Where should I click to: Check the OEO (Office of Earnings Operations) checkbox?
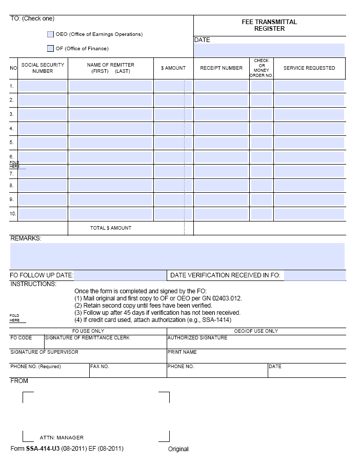pos(50,34)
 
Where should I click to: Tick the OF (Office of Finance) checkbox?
pos(50,49)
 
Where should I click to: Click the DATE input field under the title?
pos(269,50)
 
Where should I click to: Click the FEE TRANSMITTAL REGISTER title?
pos(269,25)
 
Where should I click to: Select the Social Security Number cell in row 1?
pos(43,86)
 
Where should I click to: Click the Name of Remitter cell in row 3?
pos(111,114)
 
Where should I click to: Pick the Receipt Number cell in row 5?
pos(221,143)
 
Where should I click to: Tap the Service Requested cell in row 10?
pos(309,214)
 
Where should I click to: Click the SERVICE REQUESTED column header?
pos(309,68)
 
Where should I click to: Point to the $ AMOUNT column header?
pos(173,68)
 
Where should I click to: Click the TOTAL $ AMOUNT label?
pos(111,228)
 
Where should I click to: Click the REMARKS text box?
pos(177,255)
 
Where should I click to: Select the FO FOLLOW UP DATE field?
pos(120,276)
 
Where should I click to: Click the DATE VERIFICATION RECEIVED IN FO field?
pos(314,276)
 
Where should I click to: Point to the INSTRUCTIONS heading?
pos(33,284)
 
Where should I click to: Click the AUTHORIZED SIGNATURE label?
pos(197,338)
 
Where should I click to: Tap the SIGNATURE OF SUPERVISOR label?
pos(44,352)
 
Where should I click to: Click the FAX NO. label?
pos(100,367)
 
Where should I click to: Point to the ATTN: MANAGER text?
pos(62,438)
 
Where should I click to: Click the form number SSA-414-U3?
pos(43,449)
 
